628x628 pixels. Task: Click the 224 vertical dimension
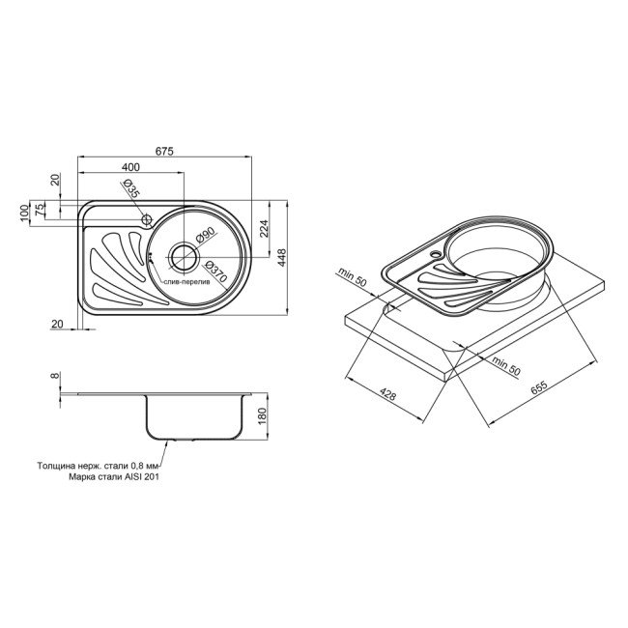coord(266,229)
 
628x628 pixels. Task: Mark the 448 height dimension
coord(283,256)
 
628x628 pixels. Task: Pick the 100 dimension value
coord(24,213)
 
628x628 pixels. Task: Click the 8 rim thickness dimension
coord(56,377)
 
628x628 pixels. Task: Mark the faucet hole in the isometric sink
coord(437,257)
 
